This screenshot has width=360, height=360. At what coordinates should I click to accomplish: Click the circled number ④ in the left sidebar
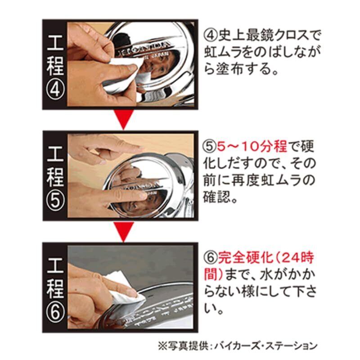click(x=55, y=90)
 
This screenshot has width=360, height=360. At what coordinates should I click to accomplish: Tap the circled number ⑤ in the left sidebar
click(x=55, y=201)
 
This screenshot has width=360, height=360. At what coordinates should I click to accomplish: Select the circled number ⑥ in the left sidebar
click(x=55, y=313)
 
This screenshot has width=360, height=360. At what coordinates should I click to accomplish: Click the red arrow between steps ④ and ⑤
click(x=124, y=119)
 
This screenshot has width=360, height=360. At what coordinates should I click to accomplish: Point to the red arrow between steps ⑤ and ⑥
click(x=124, y=231)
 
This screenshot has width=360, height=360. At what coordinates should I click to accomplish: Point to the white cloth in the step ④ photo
click(x=124, y=69)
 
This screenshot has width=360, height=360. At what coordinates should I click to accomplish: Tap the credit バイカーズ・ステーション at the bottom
click(x=266, y=346)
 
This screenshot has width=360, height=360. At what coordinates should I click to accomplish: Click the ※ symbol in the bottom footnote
click(x=162, y=346)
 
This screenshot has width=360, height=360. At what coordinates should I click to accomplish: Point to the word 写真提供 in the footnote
click(x=183, y=346)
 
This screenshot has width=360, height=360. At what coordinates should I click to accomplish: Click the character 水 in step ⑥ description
click(x=266, y=275)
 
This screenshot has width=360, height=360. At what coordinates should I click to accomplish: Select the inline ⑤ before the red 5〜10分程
click(x=210, y=146)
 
